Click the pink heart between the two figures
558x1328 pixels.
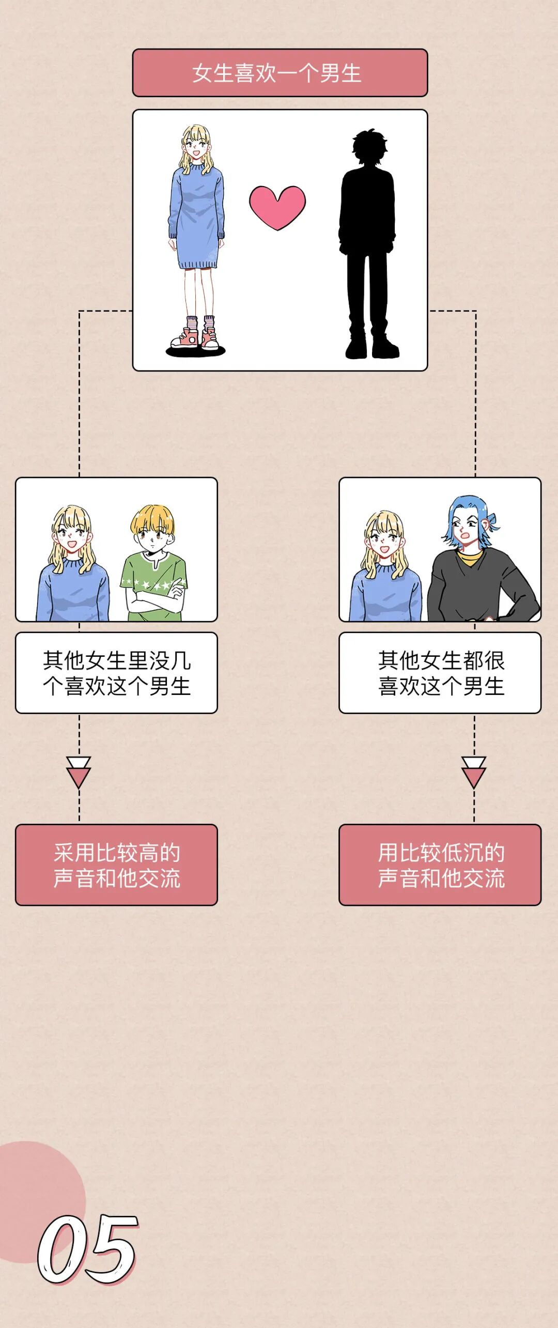coord(277,207)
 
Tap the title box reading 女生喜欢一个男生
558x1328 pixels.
coord(280,73)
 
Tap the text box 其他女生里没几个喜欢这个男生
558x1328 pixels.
coord(116,673)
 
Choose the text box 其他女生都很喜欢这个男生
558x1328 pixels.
coord(440,673)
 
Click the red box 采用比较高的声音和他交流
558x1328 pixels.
coord(116,864)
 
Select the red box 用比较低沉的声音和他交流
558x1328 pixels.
coord(440,864)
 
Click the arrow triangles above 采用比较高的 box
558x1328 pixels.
coord(79,772)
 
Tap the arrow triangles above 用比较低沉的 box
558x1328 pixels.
coord(474,772)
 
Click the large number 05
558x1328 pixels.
coord(88,1249)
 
